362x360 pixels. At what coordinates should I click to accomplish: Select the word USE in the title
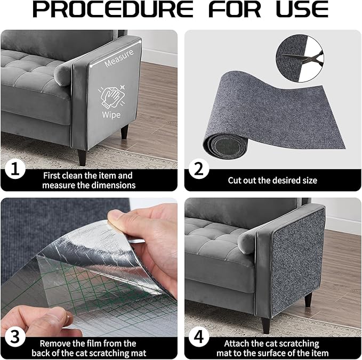(x=301, y=11)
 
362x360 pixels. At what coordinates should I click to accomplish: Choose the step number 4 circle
(x=200, y=338)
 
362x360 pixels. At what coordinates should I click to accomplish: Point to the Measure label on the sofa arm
(x=118, y=62)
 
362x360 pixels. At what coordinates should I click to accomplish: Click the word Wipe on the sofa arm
(x=112, y=114)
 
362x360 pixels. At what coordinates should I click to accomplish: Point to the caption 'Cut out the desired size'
(x=272, y=181)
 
